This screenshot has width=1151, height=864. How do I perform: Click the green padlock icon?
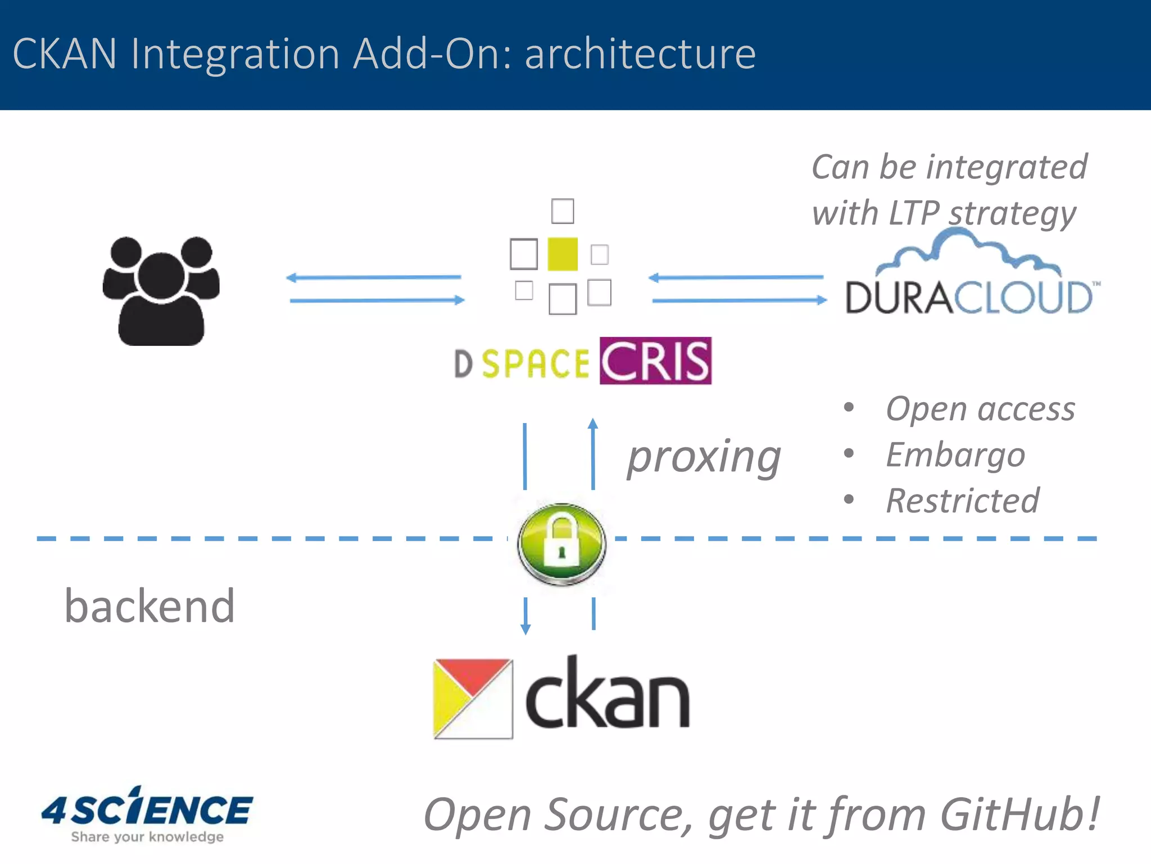tap(561, 543)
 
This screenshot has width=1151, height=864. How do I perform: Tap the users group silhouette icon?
tap(161, 290)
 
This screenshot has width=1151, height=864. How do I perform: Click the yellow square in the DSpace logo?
tap(563, 254)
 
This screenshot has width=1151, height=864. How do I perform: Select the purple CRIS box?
tap(655, 361)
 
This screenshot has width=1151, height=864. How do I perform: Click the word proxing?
tap(704, 457)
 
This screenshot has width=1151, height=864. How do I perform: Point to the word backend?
tap(149, 606)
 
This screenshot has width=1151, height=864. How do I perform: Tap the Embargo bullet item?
tap(955, 454)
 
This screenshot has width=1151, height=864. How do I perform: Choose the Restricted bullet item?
tap(963, 501)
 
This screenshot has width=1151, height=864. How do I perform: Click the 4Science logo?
tap(147, 814)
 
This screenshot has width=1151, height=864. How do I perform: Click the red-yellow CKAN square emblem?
tap(473, 697)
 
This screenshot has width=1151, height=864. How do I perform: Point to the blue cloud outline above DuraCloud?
tap(967, 248)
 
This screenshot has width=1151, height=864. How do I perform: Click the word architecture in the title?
tap(640, 54)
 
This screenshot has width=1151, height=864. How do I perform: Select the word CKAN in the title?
tap(65, 54)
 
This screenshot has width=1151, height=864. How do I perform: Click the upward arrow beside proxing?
tap(593, 453)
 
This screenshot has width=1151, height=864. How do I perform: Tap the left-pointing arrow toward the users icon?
tap(373, 277)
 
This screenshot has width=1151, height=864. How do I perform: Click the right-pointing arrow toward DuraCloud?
tap(739, 300)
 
